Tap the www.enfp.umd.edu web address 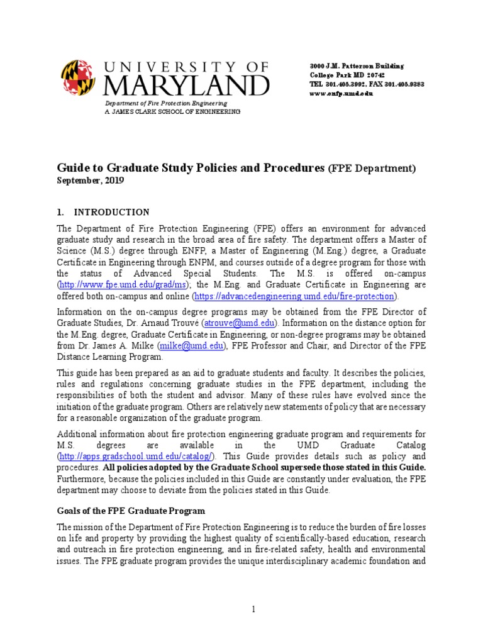click(x=341, y=93)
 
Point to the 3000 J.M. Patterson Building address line click(x=357, y=66)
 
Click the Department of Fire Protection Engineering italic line click(x=166, y=103)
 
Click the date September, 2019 click(x=91, y=180)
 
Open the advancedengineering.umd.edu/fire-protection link click(x=294, y=296)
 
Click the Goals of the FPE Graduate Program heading click(x=131, y=511)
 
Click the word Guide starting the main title click(x=73, y=168)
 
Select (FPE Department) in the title click(x=372, y=169)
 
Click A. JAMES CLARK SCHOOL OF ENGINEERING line click(x=172, y=111)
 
